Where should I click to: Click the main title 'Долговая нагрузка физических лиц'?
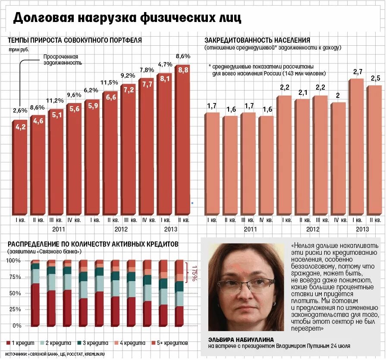click(x=127, y=18)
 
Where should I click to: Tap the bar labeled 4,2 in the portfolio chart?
click(x=20, y=168)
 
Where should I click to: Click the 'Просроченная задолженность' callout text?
click(x=63, y=59)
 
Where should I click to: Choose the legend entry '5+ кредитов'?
click(x=170, y=343)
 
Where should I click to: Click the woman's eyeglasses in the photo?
click(x=246, y=283)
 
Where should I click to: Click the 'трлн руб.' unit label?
click(x=19, y=50)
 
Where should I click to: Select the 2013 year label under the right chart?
click(x=362, y=229)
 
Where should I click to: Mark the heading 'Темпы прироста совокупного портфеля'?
click(x=75, y=40)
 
